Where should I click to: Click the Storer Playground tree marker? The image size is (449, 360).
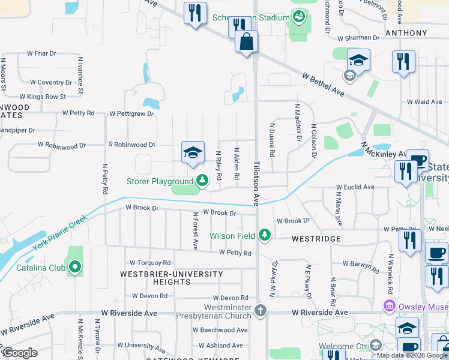point(202,181)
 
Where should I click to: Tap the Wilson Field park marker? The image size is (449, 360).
point(265,236)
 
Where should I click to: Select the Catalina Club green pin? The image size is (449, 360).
point(74,267)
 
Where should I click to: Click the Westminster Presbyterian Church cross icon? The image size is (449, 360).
point(260,311)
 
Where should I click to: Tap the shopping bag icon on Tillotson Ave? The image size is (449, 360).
point(246,42)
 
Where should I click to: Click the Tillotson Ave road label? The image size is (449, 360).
point(256,183)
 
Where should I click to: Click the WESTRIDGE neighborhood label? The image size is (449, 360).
point(316,239)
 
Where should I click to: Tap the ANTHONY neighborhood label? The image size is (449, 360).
point(406,33)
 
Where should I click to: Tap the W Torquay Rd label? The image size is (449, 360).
point(151,263)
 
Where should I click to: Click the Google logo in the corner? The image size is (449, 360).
point(20,352)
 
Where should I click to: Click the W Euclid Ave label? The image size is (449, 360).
point(355,187)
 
